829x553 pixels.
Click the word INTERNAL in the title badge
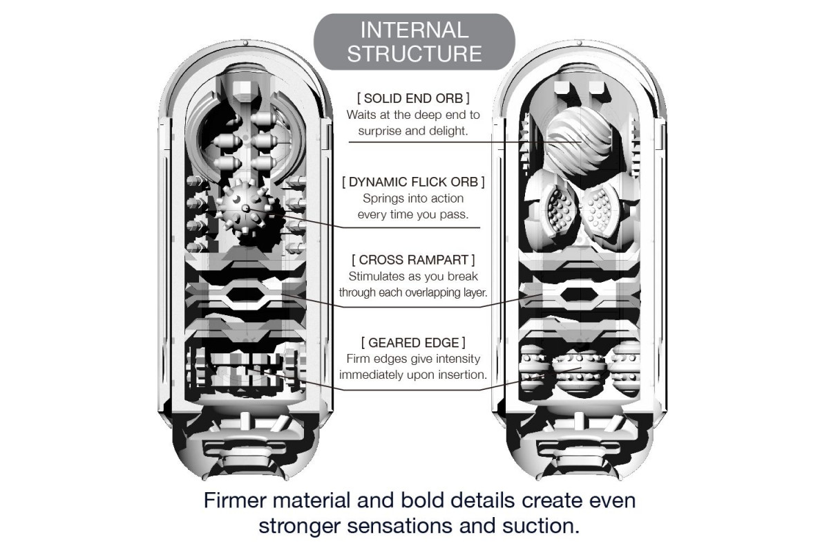[x=414, y=30]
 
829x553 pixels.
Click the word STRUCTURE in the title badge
[x=414, y=54]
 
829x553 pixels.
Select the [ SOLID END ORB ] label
[x=414, y=97]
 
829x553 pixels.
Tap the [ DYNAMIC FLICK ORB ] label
[x=414, y=182]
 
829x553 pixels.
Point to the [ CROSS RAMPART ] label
[x=413, y=261]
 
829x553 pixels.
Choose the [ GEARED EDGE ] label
[x=413, y=343]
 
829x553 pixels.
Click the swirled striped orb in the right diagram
[x=578, y=139]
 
